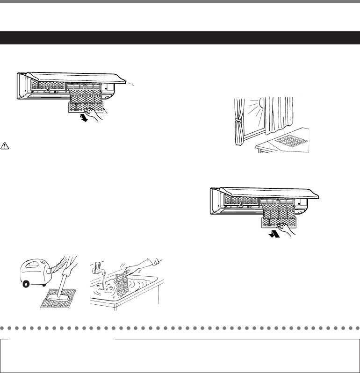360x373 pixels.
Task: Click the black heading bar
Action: [180, 38]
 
